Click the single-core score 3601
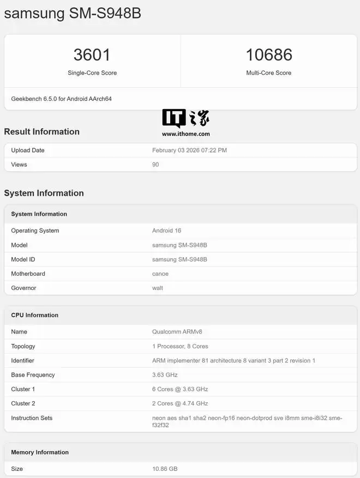pyautogui.click(x=92, y=55)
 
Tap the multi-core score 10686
pyautogui.click(x=269, y=55)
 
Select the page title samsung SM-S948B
pyautogui.click(x=73, y=13)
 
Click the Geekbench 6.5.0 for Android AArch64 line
pyautogui.click(x=62, y=99)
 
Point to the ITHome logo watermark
pyautogui.click(x=185, y=118)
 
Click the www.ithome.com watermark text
pyautogui.click(x=186, y=134)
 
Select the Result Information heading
pyautogui.click(x=42, y=131)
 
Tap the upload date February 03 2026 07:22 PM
pyautogui.click(x=189, y=150)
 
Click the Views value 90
pyautogui.click(x=155, y=165)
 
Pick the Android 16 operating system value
pyautogui.click(x=166, y=231)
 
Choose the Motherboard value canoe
pyautogui.click(x=160, y=274)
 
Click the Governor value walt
pyautogui.click(x=158, y=288)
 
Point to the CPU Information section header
pyautogui.click(x=35, y=315)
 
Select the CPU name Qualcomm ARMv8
pyautogui.click(x=181, y=331)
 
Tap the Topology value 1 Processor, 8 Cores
pyautogui.click(x=180, y=346)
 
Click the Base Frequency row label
pyautogui.click(x=33, y=375)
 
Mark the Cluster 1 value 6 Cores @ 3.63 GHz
pyautogui.click(x=180, y=389)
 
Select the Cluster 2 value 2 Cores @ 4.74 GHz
pyautogui.click(x=180, y=403)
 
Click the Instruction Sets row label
pyautogui.click(x=32, y=418)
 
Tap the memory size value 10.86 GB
pyautogui.click(x=165, y=469)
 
